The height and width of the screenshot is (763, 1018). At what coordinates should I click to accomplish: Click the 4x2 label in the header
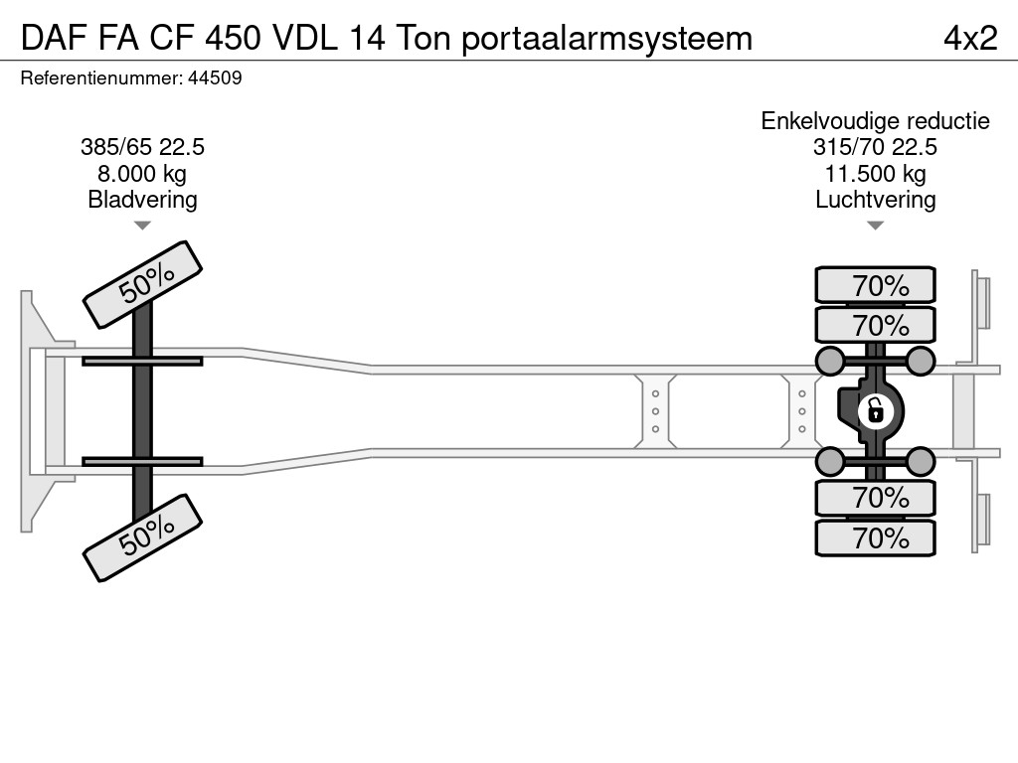click(x=970, y=39)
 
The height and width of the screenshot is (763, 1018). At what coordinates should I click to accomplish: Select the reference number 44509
click(x=215, y=77)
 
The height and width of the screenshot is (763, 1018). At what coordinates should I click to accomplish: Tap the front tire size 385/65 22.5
click(x=142, y=147)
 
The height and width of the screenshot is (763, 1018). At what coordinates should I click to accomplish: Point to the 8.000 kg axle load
click(x=142, y=174)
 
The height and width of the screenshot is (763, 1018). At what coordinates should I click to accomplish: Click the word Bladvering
click(x=142, y=200)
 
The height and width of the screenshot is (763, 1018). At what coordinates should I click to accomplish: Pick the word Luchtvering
click(x=875, y=200)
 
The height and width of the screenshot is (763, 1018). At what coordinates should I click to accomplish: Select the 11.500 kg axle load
click(x=875, y=174)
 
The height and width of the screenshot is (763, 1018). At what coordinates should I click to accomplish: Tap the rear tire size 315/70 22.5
click(x=875, y=147)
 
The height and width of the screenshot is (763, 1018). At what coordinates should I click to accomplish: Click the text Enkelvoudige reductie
click(x=875, y=121)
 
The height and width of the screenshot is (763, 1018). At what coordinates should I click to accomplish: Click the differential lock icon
click(x=875, y=411)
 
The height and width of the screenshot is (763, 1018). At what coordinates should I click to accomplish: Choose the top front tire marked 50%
click(x=143, y=285)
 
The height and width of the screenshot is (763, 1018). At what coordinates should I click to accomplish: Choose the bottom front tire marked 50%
click(x=143, y=537)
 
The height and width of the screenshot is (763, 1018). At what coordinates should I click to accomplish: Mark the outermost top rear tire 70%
click(x=875, y=284)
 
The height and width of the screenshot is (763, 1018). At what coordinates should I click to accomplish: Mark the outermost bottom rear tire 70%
click(x=875, y=537)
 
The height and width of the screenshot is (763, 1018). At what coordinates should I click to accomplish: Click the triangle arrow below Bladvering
click(x=142, y=226)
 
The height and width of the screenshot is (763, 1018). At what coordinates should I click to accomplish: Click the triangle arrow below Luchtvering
click(x=875, y=226)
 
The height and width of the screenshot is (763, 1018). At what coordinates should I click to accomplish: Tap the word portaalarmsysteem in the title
click(x=606, y=39)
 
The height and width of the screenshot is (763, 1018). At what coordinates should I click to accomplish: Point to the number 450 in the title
click(x=233, y=39)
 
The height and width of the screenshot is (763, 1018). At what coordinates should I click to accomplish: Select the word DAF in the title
click(x=55, y=39)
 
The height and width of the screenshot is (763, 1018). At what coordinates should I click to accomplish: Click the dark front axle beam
click(x=142, y=411)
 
